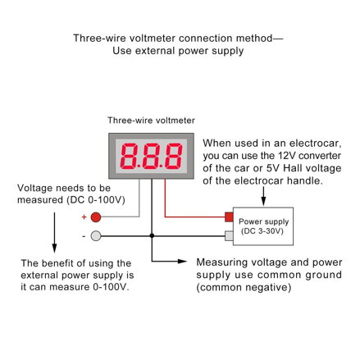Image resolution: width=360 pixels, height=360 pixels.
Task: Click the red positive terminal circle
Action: coord(96,217)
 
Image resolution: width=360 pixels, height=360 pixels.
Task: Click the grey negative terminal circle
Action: coord(96,235)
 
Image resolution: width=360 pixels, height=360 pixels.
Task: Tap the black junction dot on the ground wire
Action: coord(152,235)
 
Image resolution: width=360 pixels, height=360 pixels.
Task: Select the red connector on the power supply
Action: coord(229,217)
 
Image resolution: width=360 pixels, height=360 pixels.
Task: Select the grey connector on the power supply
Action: coord(229,235)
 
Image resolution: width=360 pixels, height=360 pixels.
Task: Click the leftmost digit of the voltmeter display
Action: coord(129,156)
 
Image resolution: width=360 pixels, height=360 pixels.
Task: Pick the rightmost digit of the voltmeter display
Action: coord(174,156)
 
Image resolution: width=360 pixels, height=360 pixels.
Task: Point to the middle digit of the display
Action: coord(151,156)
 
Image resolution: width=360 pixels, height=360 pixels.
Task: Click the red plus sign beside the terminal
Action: coord(84,217)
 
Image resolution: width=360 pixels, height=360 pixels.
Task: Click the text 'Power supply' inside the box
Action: coord(263,221)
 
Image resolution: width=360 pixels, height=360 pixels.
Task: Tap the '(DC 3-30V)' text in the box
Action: coord(262,231)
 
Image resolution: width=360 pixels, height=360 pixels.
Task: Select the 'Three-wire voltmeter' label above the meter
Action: coord(151,121)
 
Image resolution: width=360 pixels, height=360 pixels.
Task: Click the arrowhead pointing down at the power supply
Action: coord(263,202)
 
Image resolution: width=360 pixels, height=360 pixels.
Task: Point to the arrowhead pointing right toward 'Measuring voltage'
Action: coord(182,262)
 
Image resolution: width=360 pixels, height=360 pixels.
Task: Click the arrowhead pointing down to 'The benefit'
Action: coord(54,248)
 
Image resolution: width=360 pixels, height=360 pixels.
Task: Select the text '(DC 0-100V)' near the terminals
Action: coord(96,200)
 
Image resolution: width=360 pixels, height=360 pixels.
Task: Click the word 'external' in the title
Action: coord(155,51)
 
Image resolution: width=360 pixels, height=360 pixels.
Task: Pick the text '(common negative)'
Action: coord(244,288)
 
